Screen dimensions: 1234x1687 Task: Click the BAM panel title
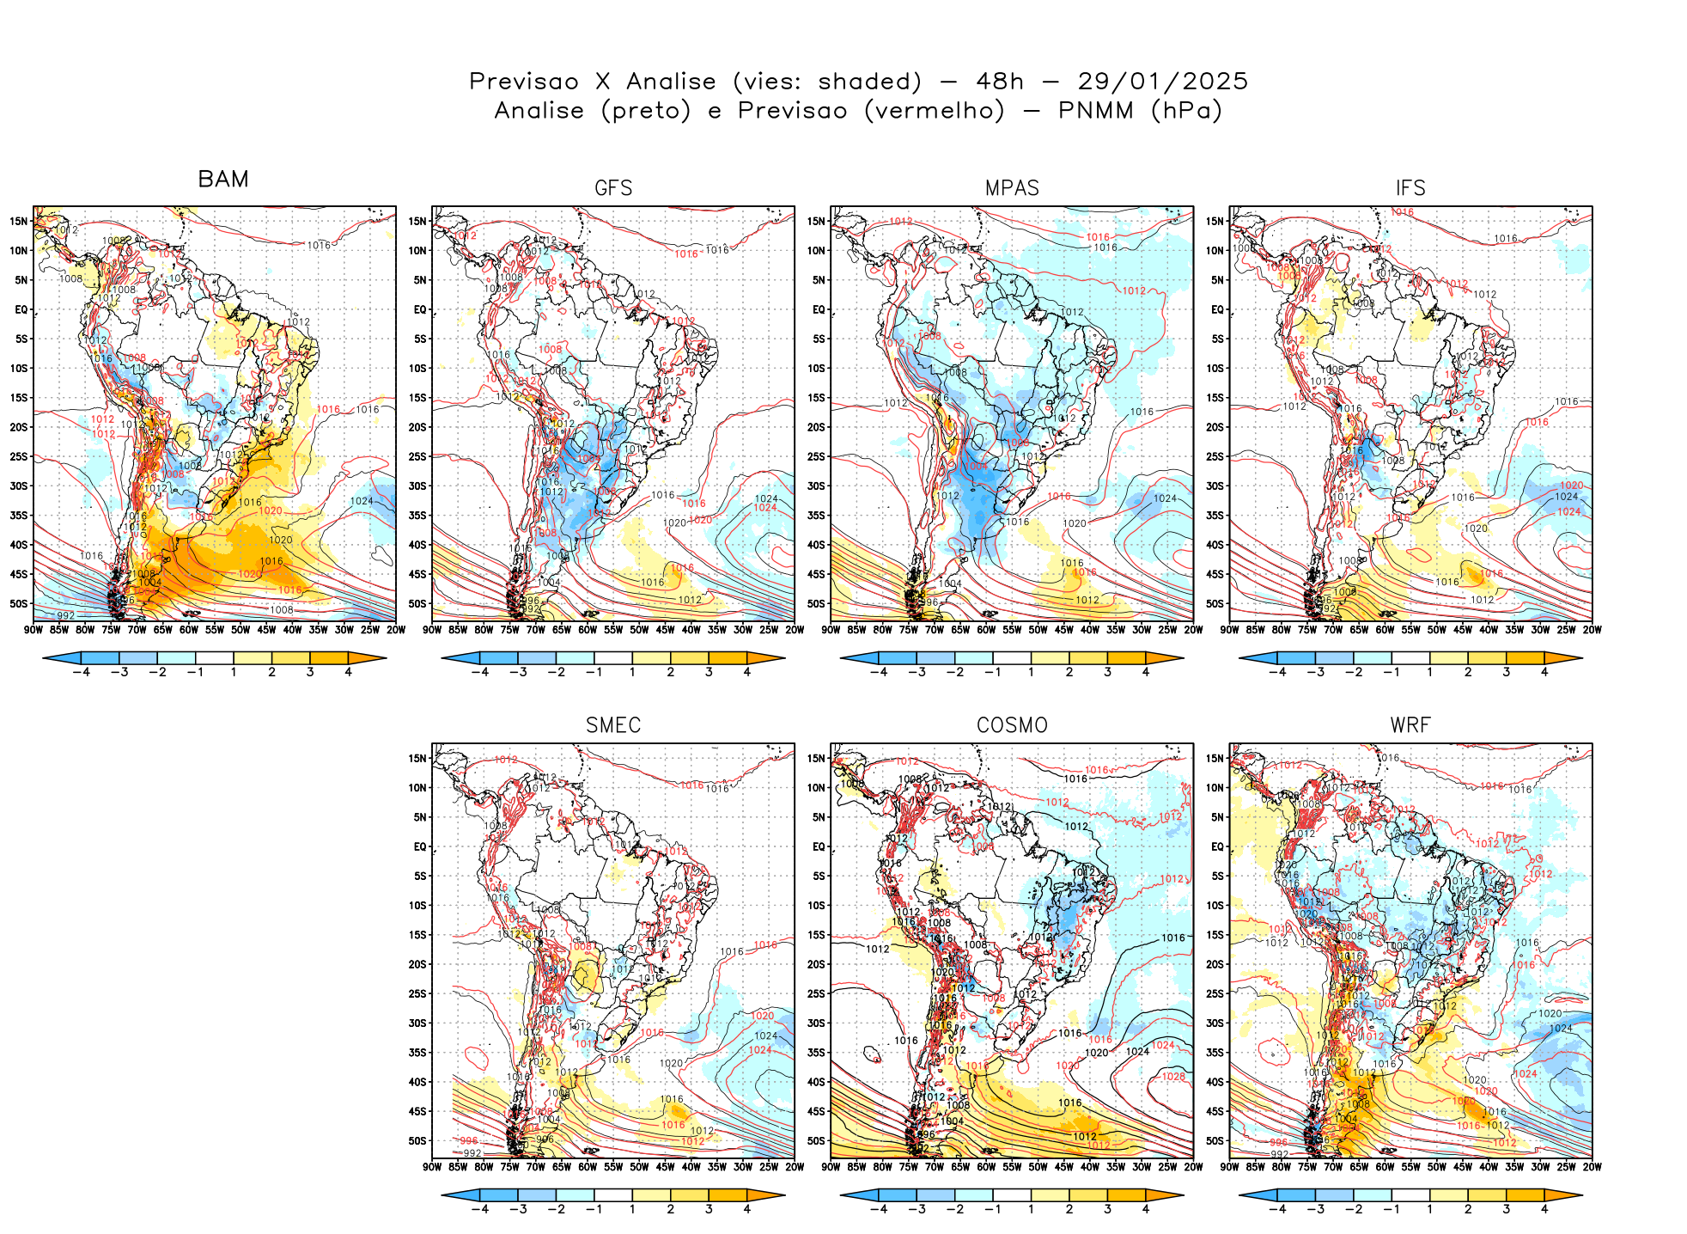(x=223, y=179)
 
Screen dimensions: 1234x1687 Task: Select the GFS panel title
(x=613, y=188)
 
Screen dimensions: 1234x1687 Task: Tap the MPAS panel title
(x=1012, y=188)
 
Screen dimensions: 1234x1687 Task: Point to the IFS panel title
(x=1410, y=188)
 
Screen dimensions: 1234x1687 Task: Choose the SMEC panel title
(x=613, y=725)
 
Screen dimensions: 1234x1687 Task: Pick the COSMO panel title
(x=1012, y=725)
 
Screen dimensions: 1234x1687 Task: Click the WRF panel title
(x=1410, y=725)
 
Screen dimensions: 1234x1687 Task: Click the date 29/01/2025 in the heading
(x=1162, y=82)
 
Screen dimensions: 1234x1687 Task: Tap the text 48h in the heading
(x=1000, y=82)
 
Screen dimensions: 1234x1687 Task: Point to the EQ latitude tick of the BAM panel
(x=21, y=309)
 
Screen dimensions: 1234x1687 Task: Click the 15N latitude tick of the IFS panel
(x=1215, y=221)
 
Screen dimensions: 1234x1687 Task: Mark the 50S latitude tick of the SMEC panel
(x=417, y=1141)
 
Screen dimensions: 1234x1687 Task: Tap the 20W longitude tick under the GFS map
(x=795, y=630)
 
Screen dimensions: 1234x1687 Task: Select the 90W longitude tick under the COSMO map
(x=831, y=1167)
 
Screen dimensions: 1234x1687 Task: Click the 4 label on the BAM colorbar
(x=348, y=672)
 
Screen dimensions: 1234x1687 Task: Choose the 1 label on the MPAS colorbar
(x=1031, y=672)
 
